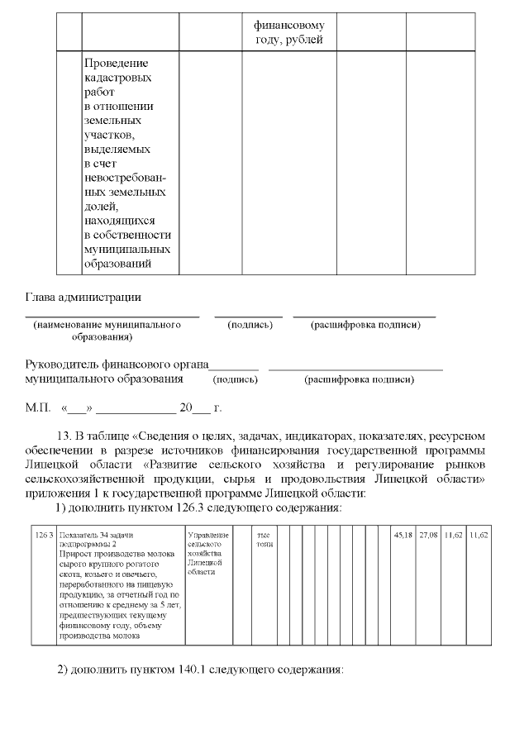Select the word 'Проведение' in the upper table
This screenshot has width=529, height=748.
(x=117, y=63)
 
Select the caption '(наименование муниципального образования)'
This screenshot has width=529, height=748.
(x=107, y=331)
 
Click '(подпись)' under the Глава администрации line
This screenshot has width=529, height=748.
(x=250, y=326)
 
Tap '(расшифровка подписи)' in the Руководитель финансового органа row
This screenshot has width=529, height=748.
(x=360, y=379)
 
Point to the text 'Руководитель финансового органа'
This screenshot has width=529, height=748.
(x=117, y=364)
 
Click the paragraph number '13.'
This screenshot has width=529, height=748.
(x=63, y=436)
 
